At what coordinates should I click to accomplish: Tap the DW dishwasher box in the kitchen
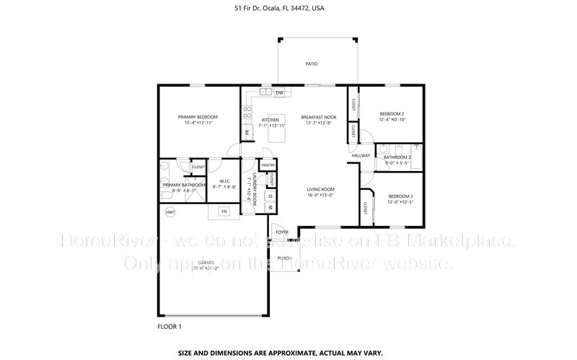pyautogui.click(x=278, y=92)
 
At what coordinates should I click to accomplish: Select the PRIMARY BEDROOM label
pyautogui.click(x=198, y=117)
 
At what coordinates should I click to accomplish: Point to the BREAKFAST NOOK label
pyautogui.click(x=319, y=117)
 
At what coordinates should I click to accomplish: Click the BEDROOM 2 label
pyautogui.click(x=392, y=114)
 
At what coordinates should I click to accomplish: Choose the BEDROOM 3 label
pyautogui.click(x=400, y=196)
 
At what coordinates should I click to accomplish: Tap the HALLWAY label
pyautogui.click(x=361, y=155)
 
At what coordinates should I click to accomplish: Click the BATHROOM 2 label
pyautogui.click(x=397, y=157)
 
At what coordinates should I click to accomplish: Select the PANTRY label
pyautogui.click(x=268, y=166)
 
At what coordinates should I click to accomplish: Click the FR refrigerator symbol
pyautogui.click(x=247, y=133)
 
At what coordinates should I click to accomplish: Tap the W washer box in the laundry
pyautogui.click(x=270, y=207)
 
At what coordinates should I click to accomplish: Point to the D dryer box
pyautogui.click(x=270, y=195)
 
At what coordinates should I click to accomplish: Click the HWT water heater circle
pyautogui.click(x=170, y=212)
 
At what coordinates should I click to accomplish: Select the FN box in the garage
pyautogui.click(x=224, y=211)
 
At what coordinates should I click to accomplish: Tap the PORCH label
pyautogui.click(x=284, y=258)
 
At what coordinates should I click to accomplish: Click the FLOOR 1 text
pyautogui.click(x=169, y=326)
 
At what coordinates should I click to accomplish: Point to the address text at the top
pyautogui.click(x=288, y=9)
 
